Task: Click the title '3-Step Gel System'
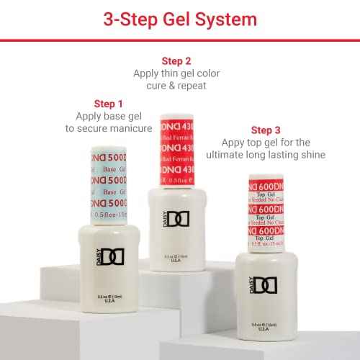click(x=179, y=19)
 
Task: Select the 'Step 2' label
click(x=176, y=61)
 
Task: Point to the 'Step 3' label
click(x=266, y=130)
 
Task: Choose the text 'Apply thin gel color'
click(x=176, y=73)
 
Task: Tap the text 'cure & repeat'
click(x=176, y=86)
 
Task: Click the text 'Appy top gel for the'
click(x=266, y=143)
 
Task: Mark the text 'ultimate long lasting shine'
click(x=266, y=155)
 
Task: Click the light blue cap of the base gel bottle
click(x=109, y=184)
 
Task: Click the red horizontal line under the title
click(x=179, y=40)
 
